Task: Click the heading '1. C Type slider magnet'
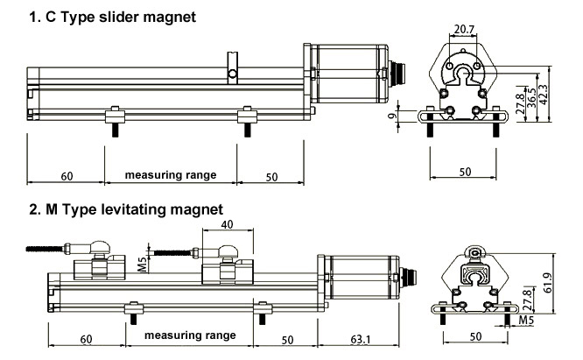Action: [x=112, y=17]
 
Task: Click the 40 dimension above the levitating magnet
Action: [x=227, y=224]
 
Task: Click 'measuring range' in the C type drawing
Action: [x=171, y=175]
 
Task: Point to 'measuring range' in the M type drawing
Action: [x=190, y=335]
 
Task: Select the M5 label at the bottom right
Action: [x=526, y=321]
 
